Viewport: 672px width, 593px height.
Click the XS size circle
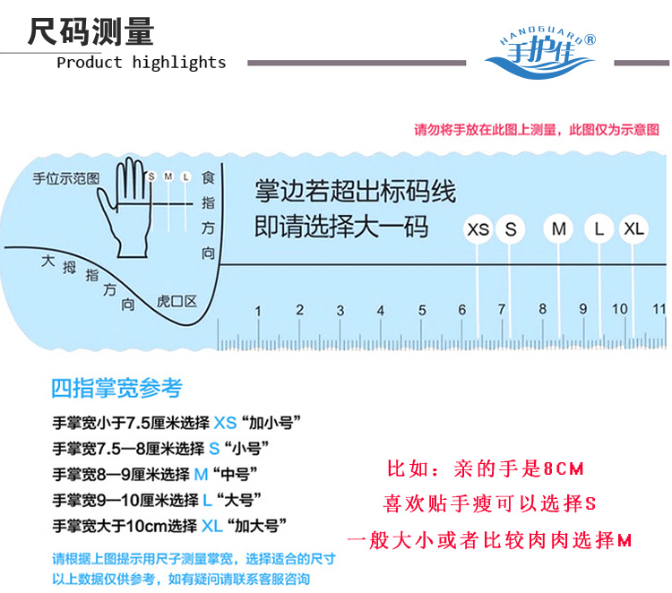478,229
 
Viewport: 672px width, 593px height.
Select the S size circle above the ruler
511,229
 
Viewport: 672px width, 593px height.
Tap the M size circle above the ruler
560,229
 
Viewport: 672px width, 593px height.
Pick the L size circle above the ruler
599,229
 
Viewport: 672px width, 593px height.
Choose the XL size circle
633,229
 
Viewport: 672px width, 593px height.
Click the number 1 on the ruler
258,311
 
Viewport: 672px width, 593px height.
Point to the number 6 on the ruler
462,311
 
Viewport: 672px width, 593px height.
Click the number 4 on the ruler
381,311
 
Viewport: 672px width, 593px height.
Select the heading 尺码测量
90,32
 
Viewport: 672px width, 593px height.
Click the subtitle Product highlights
141,63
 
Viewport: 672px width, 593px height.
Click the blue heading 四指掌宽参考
116,388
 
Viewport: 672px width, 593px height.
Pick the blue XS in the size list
225,422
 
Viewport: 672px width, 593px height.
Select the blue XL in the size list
211,526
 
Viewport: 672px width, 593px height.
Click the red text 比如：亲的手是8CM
485,468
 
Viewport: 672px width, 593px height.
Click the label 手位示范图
65,177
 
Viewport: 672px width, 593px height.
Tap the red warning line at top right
536,130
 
